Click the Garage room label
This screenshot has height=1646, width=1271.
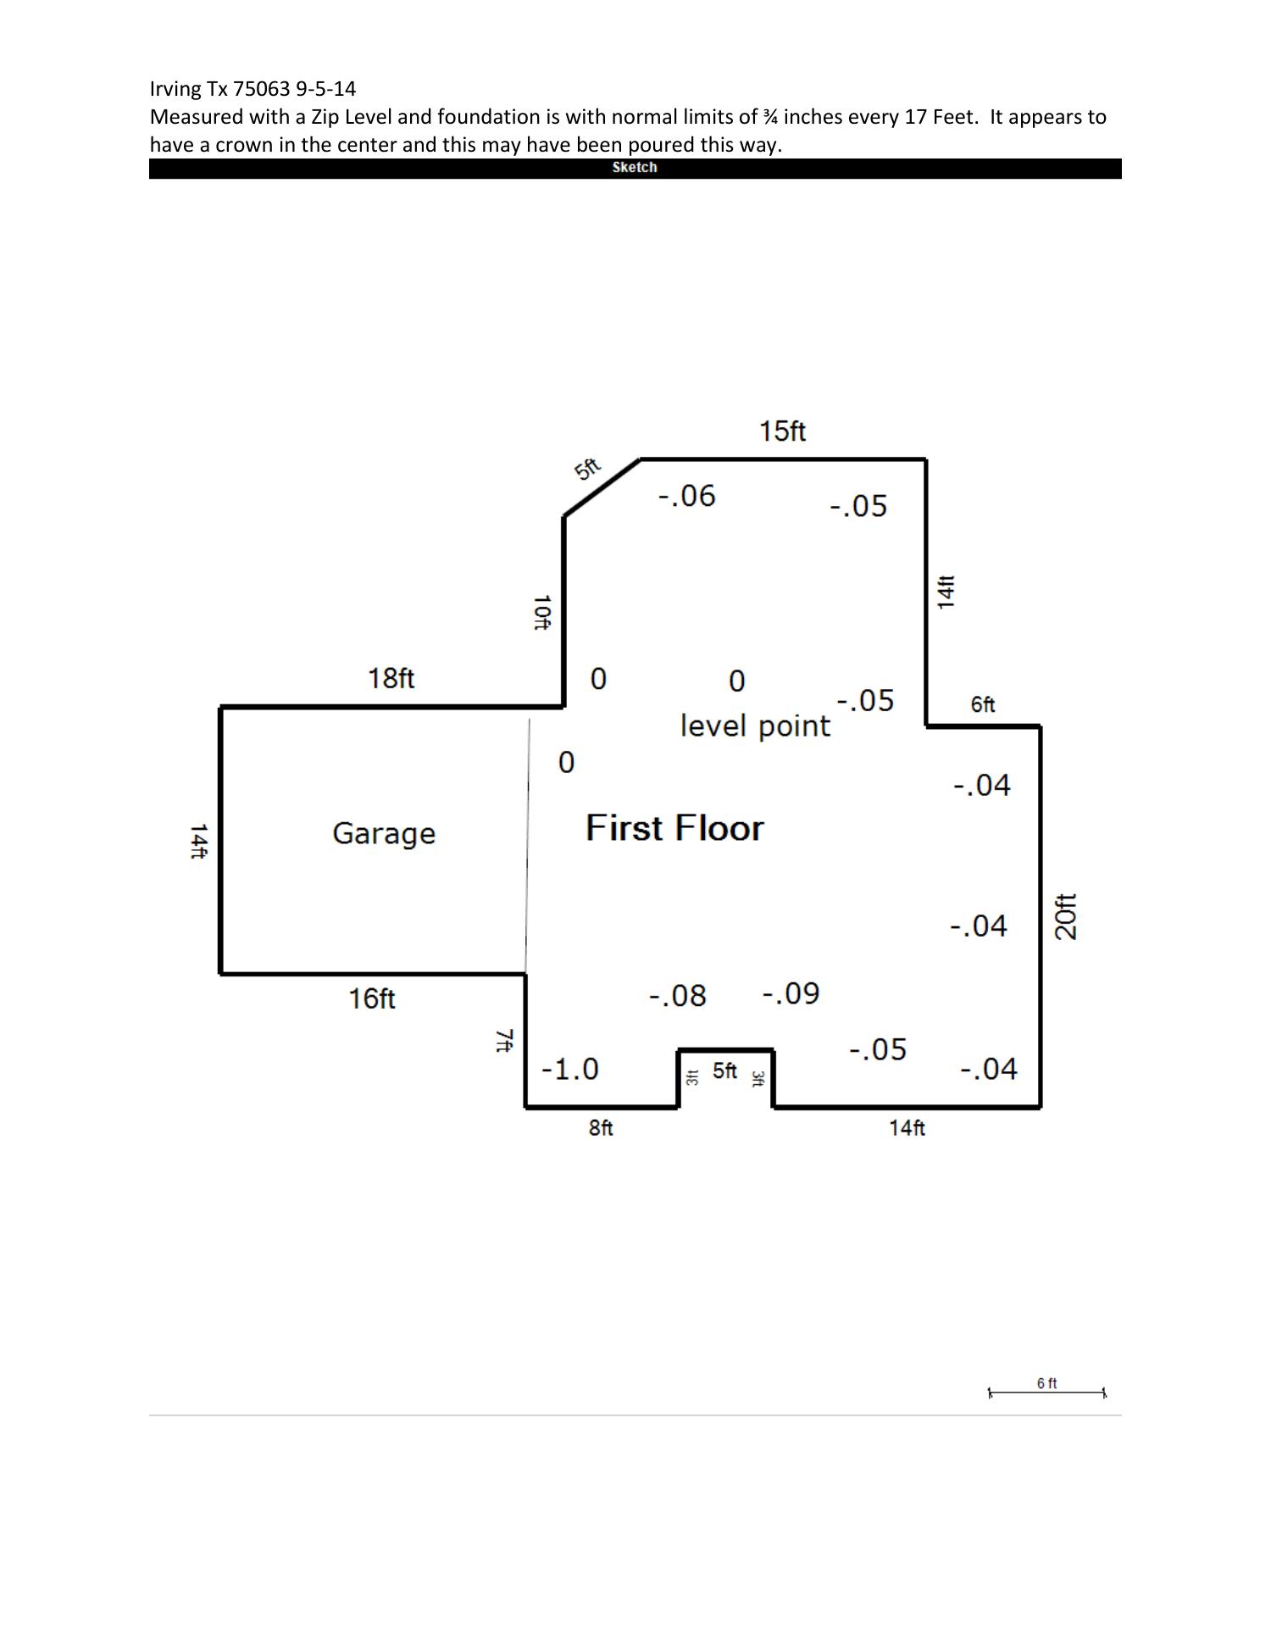384,833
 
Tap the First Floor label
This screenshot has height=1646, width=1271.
674,828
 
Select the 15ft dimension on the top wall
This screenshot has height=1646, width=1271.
782,431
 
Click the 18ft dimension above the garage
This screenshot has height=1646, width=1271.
391,678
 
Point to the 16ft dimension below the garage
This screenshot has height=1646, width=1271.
372,998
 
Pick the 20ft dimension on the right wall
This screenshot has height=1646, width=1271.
1066,916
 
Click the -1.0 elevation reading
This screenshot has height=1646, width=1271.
570,1069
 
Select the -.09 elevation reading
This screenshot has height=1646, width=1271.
791,993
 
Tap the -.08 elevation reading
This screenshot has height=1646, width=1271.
678,996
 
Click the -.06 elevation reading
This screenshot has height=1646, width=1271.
687,496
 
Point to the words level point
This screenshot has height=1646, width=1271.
755,726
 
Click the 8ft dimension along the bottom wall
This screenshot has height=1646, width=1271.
601,1128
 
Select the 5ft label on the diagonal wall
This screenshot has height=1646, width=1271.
587,469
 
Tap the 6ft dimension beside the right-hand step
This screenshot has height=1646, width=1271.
983,704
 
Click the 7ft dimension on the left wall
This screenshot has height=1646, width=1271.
504,1040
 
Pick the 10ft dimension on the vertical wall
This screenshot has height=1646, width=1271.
541,612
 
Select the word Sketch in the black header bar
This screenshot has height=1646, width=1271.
635,168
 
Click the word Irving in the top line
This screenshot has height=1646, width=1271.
175,89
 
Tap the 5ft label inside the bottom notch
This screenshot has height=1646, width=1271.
724,1071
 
